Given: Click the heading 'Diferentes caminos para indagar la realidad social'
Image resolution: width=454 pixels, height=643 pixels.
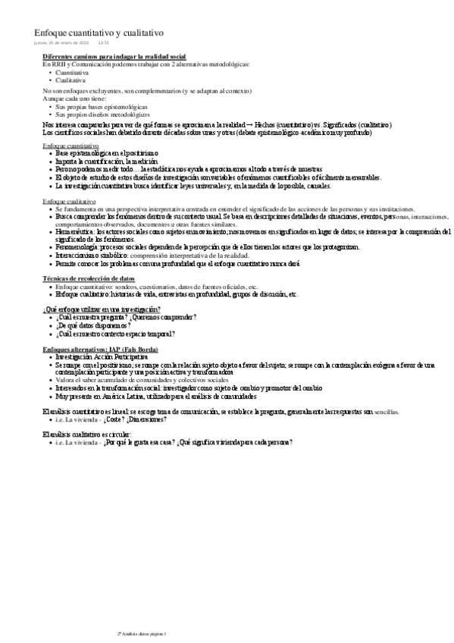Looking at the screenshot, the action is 114,57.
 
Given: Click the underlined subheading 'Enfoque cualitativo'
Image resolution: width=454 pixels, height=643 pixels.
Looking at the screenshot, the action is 69,201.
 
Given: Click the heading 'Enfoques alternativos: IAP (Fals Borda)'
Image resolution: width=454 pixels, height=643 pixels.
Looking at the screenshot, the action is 101,349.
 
